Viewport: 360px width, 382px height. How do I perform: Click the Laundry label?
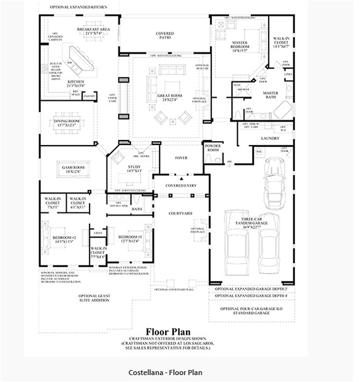[269, 137]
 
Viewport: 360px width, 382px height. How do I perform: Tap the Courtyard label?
[180, 214]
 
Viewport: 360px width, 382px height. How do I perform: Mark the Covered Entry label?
[180, 185]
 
